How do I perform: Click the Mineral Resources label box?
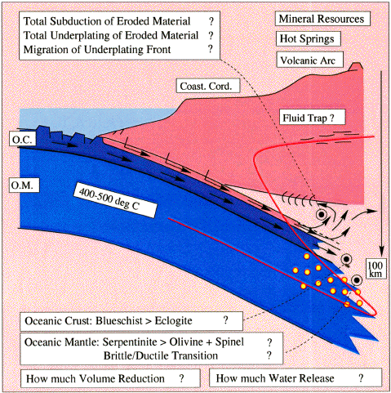click(322, 19)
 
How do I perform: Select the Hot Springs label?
click(308, 38)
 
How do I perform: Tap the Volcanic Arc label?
click(309, 60)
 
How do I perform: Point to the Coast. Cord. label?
click(208, 86)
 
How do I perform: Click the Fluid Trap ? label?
click(312, 118)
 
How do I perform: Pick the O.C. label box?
click(24, 139)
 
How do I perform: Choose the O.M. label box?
click(23, 185)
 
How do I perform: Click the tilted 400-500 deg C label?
click(115, 201)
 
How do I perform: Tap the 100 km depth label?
click(375, 269)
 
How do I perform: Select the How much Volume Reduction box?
click(110, 378)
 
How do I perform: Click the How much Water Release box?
click(295, 377)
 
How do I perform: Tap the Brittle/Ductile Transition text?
click(161, 355)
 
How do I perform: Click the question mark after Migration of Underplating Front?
click(211, 49)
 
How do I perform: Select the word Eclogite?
click(173, 321)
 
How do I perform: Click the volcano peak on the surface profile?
click(357, 65)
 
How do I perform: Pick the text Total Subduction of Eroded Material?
click(107, 21)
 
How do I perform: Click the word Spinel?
click(229, 342)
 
